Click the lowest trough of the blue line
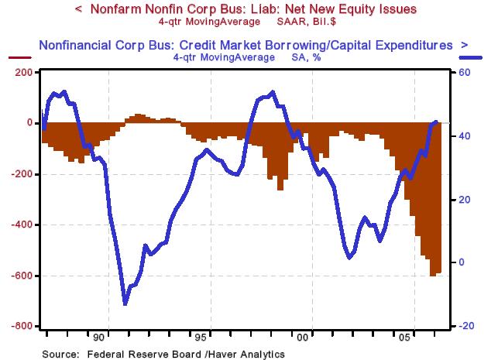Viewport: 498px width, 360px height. click(125, 303)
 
